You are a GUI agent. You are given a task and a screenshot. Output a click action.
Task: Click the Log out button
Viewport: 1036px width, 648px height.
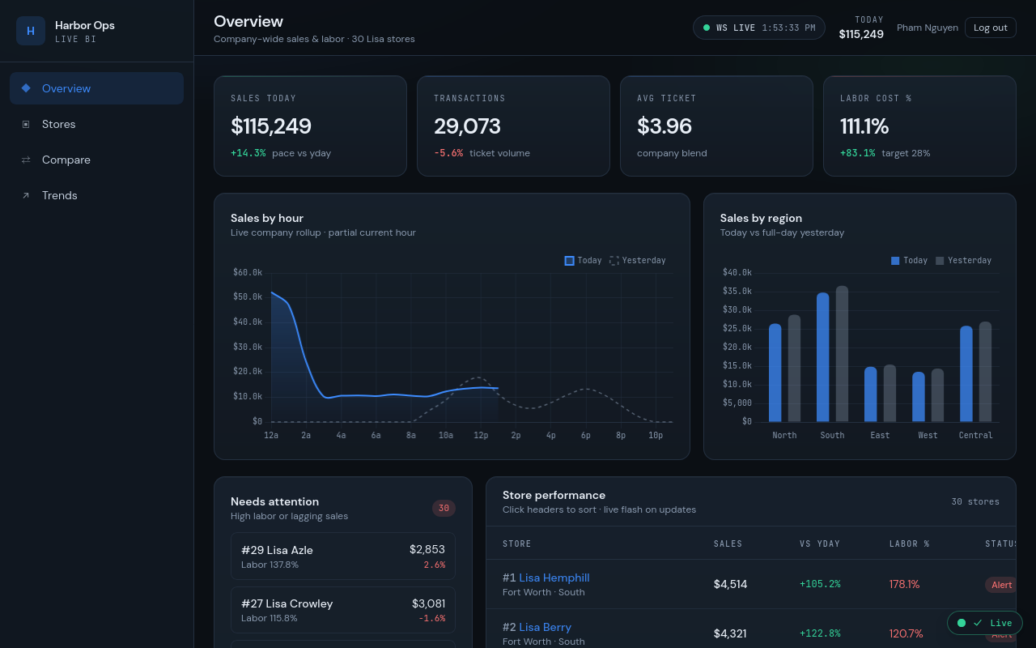(990, 28)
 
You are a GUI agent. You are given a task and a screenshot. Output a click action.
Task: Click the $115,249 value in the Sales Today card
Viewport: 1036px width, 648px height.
(271, 126)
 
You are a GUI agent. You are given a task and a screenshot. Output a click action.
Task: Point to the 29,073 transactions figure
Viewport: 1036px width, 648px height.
(467, 126)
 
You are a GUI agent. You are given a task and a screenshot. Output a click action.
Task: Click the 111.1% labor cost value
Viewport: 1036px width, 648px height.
(864, 126)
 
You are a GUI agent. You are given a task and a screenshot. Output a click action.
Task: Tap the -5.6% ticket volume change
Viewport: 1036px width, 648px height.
(448, 153)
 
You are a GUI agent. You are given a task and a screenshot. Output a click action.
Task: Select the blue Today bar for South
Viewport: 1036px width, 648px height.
(823, 357)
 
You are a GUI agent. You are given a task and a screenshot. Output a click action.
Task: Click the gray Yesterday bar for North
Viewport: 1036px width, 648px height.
(794, 368)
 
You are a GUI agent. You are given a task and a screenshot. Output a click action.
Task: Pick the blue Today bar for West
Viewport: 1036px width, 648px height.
(919, 397)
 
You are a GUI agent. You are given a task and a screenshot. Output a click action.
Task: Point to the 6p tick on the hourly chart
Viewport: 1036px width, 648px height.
(585, 435)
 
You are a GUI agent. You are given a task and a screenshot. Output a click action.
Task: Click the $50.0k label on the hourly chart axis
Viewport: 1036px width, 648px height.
(248, 296)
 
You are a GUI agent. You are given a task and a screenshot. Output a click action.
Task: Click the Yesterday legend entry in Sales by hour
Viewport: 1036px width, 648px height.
(638, 261)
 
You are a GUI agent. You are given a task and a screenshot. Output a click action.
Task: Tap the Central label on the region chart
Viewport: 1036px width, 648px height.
(975, 435)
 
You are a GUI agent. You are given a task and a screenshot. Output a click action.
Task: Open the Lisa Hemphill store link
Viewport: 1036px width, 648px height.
(554, 578)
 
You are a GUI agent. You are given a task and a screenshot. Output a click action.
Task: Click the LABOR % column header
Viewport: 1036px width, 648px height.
(909, 544)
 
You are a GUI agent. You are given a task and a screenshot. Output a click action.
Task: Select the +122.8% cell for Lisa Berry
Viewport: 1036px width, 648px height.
(820, 633)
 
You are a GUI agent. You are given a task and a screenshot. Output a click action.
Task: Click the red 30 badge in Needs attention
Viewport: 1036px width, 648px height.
(444, 508)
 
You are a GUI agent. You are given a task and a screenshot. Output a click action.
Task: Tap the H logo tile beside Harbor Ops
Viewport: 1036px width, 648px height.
(31, 31)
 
